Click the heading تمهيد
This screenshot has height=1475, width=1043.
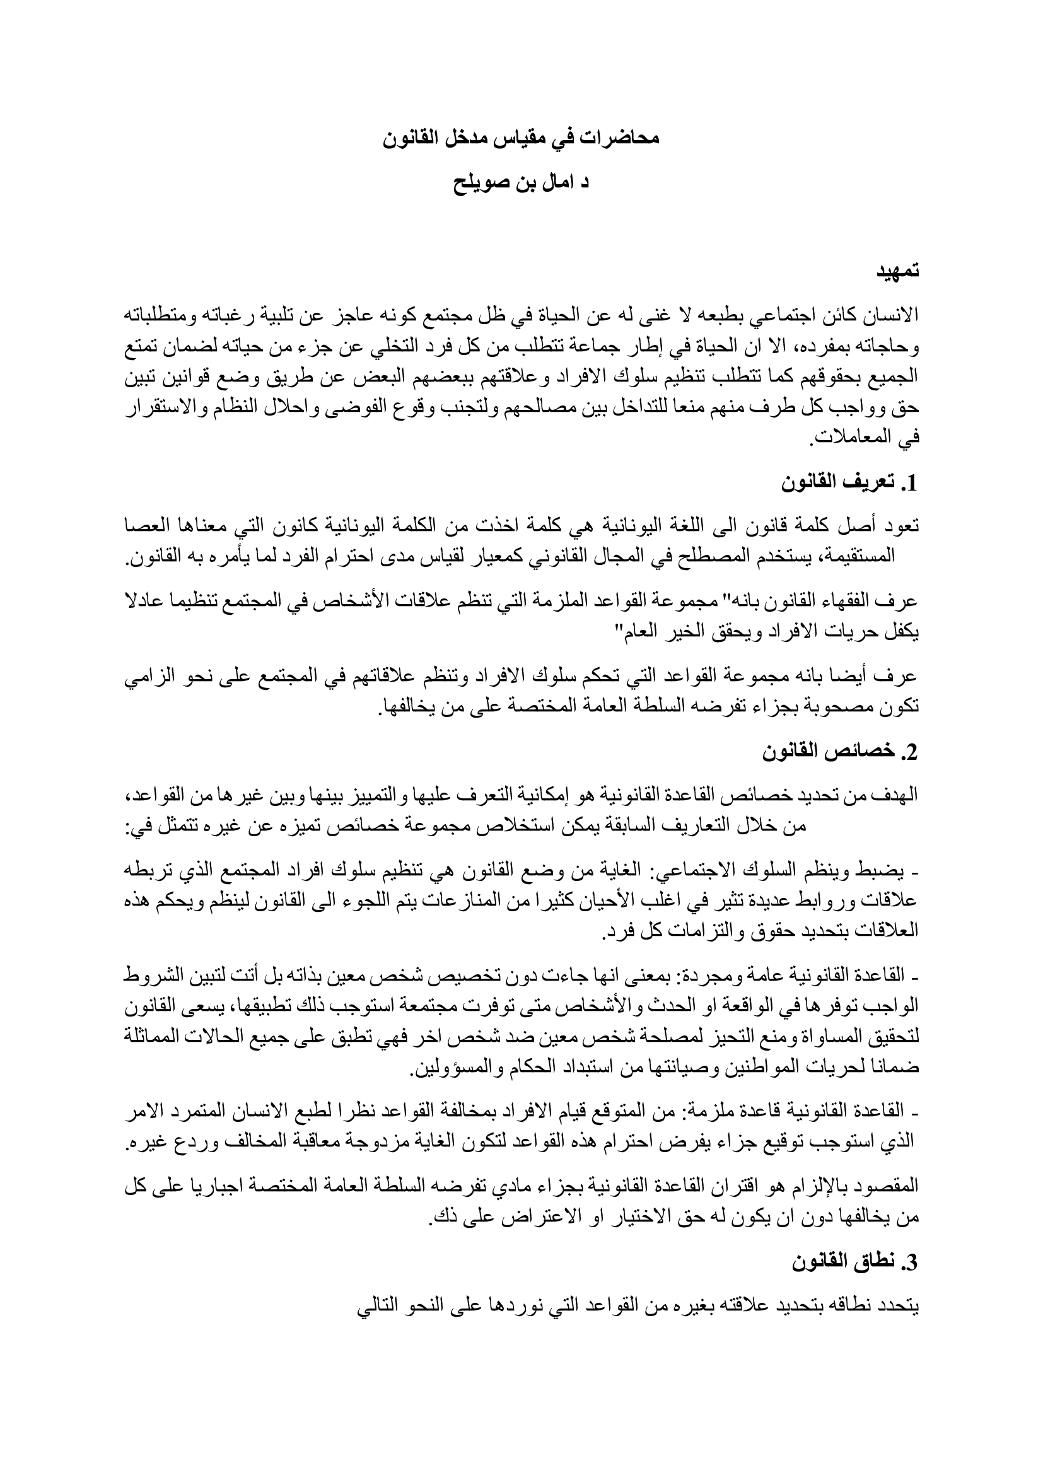coord(899,271)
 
